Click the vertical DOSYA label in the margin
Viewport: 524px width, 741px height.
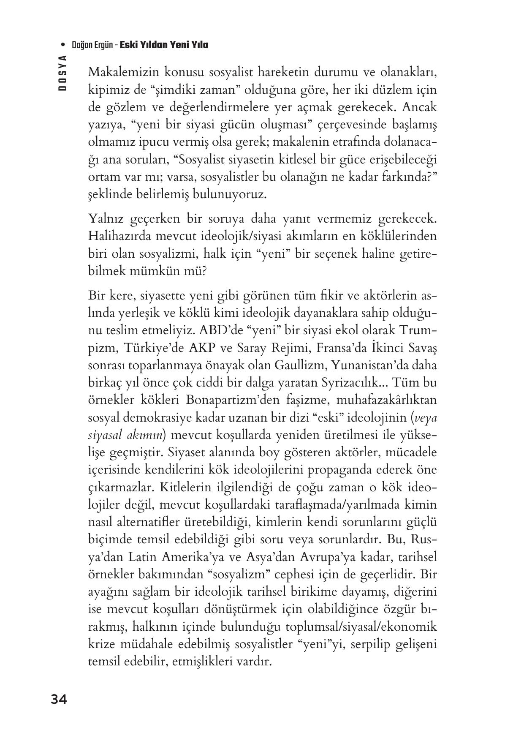(x=63, y=73)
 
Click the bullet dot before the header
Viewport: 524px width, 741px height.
(x=63, y=45)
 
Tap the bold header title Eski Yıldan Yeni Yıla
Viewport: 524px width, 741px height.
(x=164, y=45)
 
